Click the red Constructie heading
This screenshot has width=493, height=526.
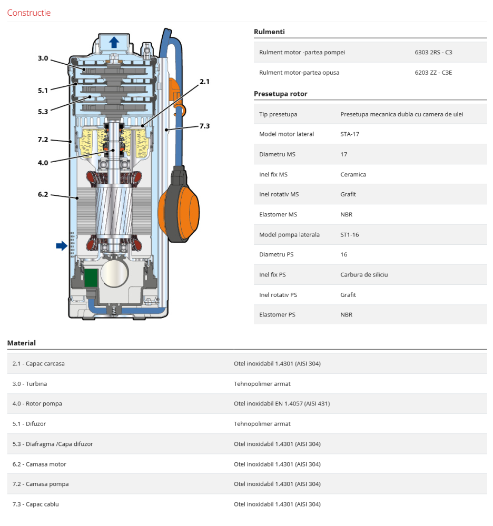(x=29, y=13)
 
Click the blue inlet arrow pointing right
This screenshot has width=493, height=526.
(x=62, y=245)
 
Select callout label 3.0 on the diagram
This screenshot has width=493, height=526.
(x=43, y=58)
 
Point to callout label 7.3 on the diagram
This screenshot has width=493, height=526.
(x=204, y=126)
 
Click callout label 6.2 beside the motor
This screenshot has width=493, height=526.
(x=43, y=194)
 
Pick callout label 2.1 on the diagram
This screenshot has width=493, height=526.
(x=204, y=82)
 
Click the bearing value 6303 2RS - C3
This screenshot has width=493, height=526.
(x=433, y=53)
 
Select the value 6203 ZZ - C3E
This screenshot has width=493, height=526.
(x=433, y=73)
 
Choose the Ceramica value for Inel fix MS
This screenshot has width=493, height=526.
(x=353, y=174)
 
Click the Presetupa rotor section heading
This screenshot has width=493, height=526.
(x=280, y=94)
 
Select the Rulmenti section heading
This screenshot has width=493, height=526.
(x=269, y=32)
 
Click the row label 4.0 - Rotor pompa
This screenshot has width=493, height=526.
(x=37, y=404)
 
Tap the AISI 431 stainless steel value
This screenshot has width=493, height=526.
(x=282, y=404)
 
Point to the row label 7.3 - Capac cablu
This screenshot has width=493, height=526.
(x=36, y=504)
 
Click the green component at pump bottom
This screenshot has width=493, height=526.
(x=92, y=277)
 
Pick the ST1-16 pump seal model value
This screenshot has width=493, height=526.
(x=349, y=235)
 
